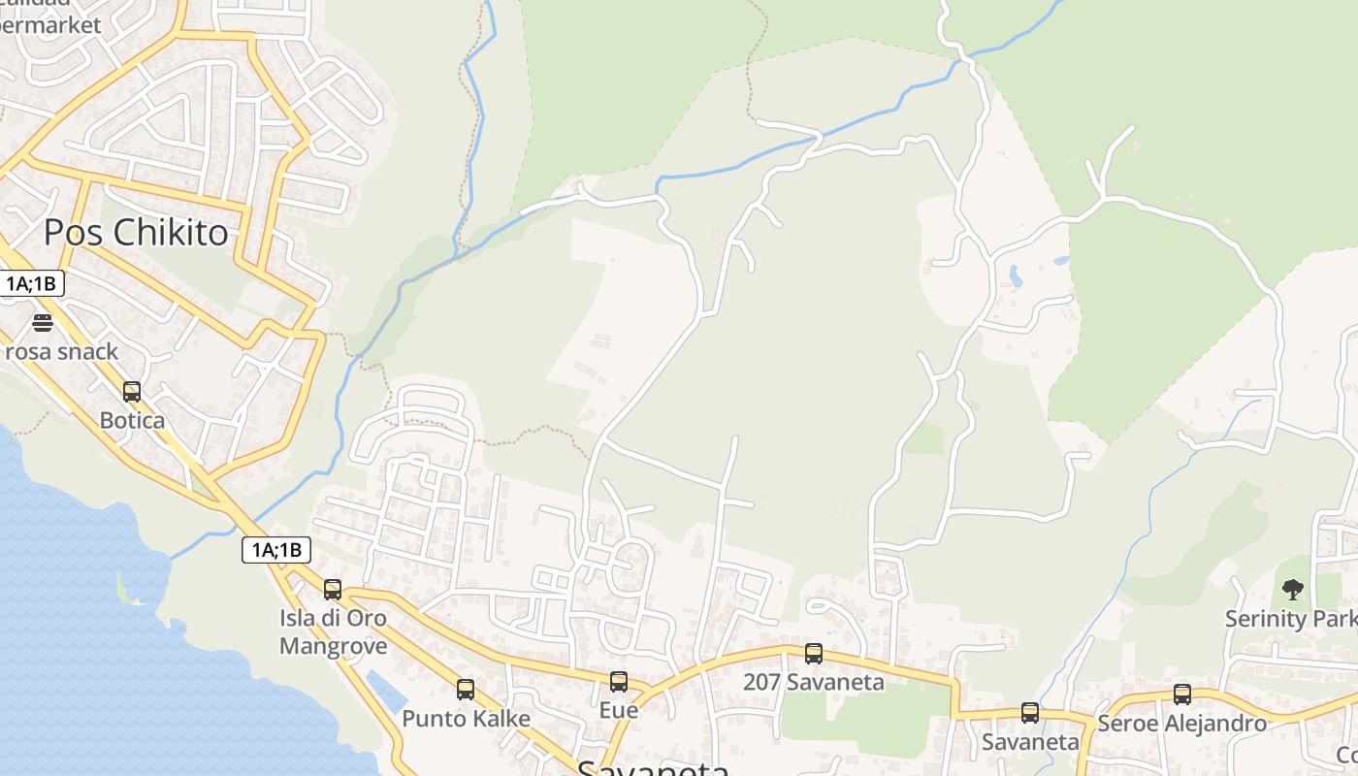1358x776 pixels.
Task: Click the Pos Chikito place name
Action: point(136,233)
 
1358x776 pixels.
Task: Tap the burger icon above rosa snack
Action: point(42,322)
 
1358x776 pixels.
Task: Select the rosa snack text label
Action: point(60,351)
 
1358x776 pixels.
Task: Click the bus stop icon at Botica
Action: point(132,392)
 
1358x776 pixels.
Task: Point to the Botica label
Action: point(132,421)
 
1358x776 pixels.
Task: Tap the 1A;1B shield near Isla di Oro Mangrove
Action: point(276,551)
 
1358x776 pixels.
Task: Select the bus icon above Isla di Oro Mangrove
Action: point(333,589)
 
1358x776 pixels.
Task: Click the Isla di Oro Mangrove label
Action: point(333,631)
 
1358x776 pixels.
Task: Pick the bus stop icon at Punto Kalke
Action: point(466,690)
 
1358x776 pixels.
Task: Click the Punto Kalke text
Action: point(466,719)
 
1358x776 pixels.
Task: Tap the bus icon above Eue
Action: point(619,682)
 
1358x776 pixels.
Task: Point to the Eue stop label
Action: point(619,710)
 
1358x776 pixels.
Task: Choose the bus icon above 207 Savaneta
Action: point(814,654)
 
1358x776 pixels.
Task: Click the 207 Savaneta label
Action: point(814,682)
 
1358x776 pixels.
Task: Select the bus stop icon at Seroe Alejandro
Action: point(1182,695)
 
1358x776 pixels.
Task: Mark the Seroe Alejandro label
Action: point(1181,724)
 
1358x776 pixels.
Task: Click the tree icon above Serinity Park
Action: point(1292,589)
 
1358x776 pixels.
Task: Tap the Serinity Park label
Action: point(1290,619)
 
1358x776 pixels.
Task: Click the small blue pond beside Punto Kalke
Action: point(387,691)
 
